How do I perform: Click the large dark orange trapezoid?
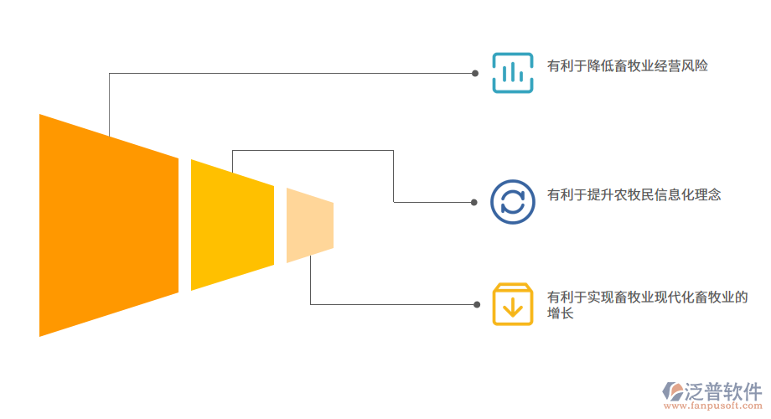109,225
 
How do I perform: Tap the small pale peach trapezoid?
309,225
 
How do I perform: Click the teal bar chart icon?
512,73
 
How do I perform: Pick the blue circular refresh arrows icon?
512,201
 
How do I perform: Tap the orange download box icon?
512,304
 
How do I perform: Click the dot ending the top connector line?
475,73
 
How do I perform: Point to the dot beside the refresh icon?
475,202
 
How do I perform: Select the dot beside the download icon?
475,304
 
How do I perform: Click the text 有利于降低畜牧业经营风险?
628,65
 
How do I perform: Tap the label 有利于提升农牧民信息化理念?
634,194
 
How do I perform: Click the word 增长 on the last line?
561,313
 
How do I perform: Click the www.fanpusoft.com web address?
712,406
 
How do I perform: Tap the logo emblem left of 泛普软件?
673,391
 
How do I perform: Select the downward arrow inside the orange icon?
512,309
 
